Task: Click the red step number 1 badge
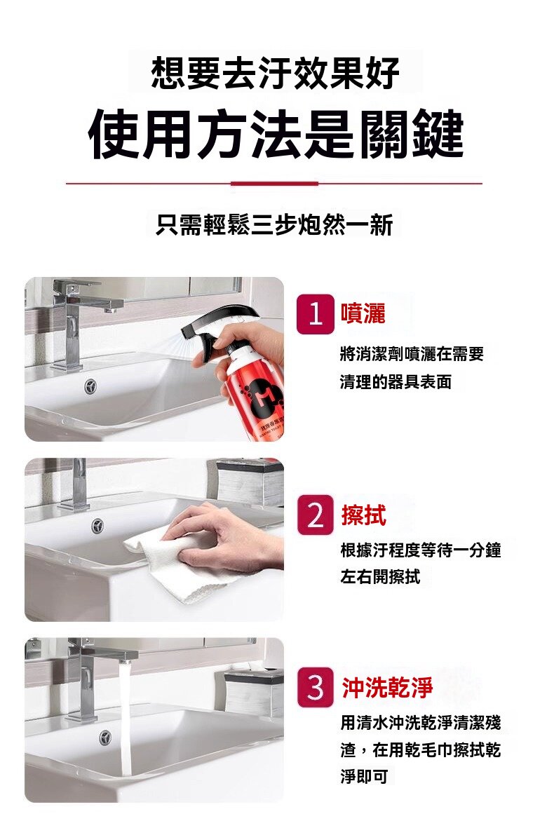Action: tap(316, 314)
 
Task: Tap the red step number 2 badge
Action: tap(316, 515)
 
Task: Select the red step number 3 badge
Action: tap(316, 687)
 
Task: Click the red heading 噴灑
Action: tap(363, 313)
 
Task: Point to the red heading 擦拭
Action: tap(364, 515)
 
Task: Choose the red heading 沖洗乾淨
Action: tap(387, 687)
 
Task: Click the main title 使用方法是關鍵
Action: tap(276, 134)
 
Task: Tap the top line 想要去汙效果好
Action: tap(276, 72)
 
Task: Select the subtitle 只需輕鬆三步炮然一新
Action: tap(274, 224)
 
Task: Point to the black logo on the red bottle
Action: tap(260, 396)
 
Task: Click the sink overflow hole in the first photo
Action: tap(90, 386)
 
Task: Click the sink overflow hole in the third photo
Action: tap(105, 737)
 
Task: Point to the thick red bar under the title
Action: tap(274, 184)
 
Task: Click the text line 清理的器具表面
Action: tap(396, 382)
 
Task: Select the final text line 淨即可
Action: tap(365, 776)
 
